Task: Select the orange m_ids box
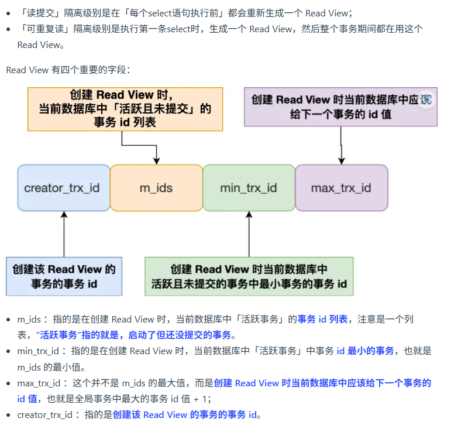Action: pos(156,188)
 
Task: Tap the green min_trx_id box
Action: pos(249,188)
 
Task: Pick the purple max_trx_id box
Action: pos(341,188)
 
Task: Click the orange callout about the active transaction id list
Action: pos(125,109)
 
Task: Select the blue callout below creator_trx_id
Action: pos(64,276)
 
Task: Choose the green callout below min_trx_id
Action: pos(249,276)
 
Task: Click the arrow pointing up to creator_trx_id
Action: pos(64,234)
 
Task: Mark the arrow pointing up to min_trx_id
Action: pos(249,234)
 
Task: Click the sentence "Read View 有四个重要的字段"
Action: pos(68,70)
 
